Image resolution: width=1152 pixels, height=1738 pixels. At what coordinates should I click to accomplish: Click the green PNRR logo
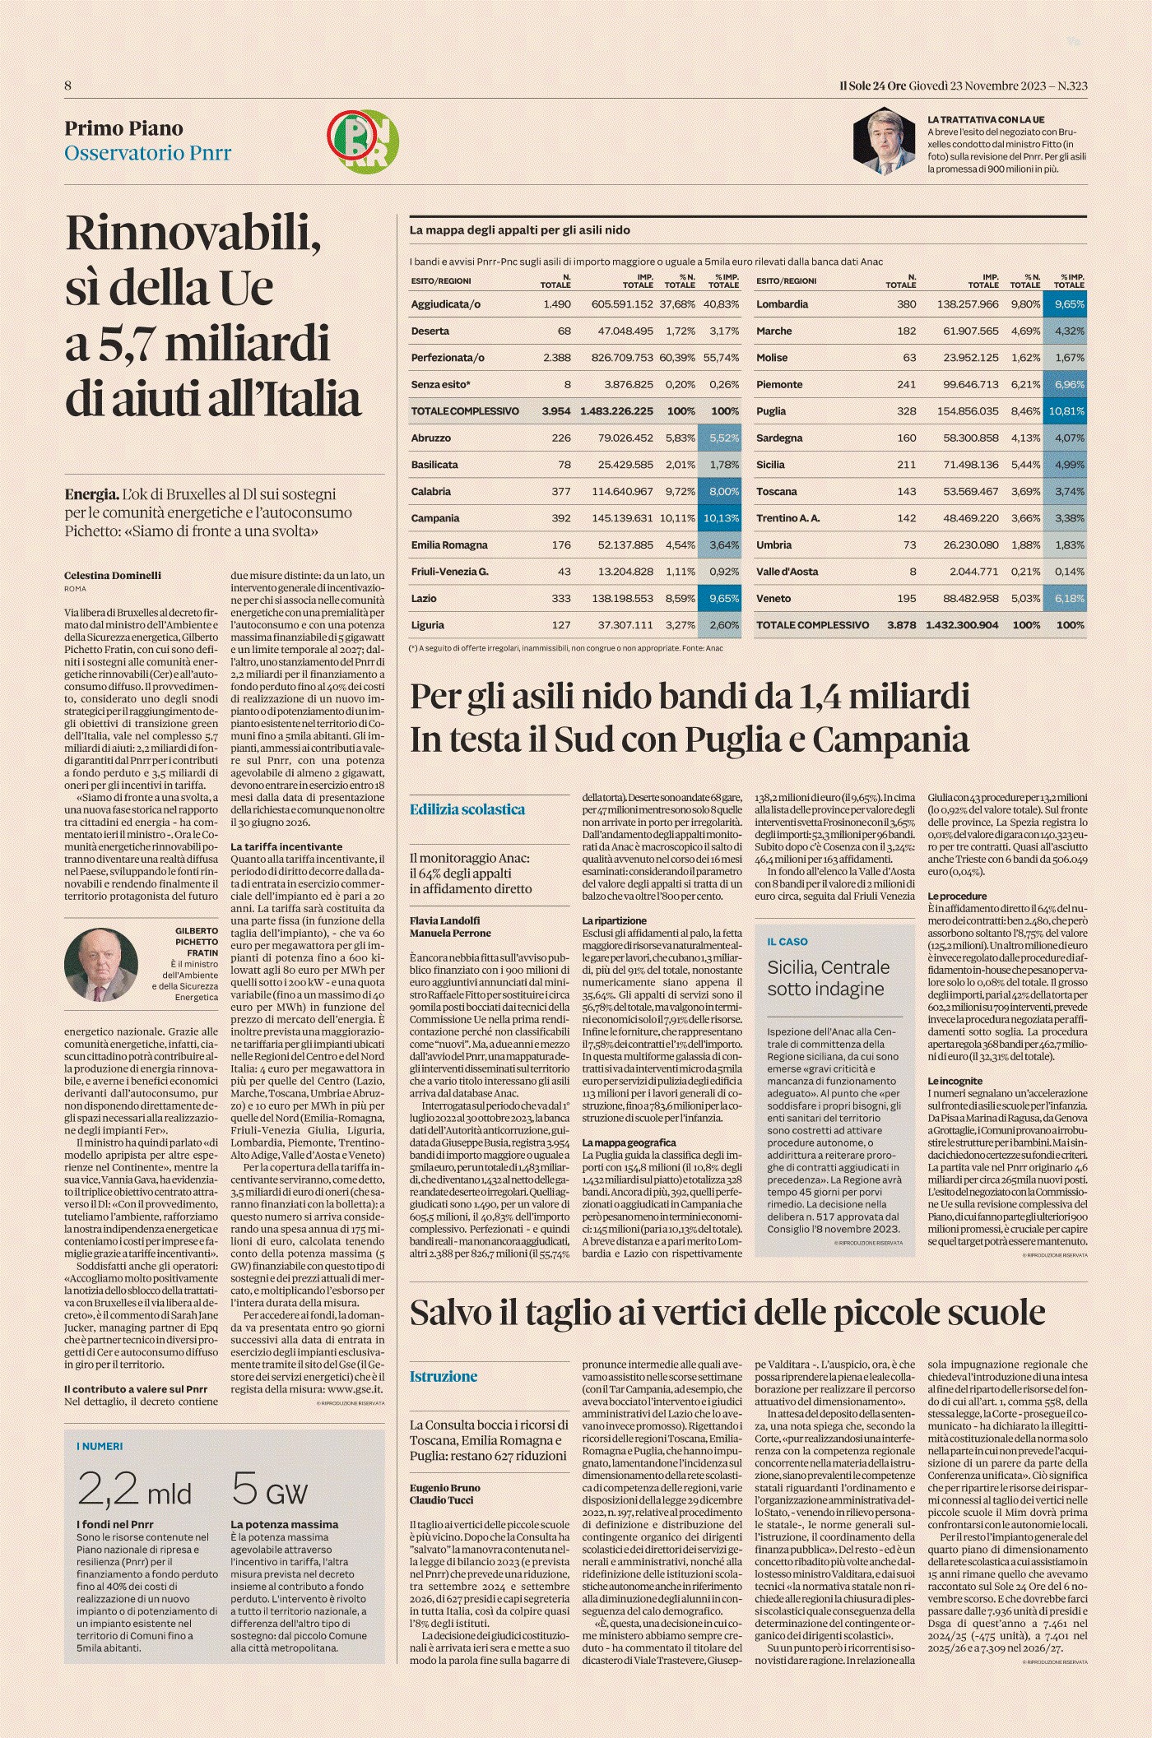point(363,141)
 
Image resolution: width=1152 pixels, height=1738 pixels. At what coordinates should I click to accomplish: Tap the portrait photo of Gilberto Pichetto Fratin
point(101,964)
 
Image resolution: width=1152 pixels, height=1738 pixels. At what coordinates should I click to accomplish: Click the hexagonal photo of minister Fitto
point(884,141)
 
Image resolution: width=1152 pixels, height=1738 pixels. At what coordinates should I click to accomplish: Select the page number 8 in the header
point(68,86)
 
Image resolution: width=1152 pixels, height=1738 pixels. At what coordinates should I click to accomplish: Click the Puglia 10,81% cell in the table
point(1065,411)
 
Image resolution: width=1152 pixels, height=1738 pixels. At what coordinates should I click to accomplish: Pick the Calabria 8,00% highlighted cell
point(719,491)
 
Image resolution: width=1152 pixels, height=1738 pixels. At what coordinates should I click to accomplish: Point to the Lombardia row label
point(782,304)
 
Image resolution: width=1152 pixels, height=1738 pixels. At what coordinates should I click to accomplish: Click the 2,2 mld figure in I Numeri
point(134,1490)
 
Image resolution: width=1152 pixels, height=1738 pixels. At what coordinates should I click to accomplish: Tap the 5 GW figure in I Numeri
point(269,1490)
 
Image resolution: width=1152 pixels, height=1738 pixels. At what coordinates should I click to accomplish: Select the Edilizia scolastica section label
point(467,809)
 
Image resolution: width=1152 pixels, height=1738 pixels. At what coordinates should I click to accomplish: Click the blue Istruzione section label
point(443,1376)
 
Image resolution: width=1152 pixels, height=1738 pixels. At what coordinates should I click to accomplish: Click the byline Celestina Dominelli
point(113,576)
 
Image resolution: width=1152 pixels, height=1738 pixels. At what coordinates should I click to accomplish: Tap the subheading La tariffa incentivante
point(286,846)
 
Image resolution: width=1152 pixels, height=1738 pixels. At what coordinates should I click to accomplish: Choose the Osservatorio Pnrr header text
point(148,153)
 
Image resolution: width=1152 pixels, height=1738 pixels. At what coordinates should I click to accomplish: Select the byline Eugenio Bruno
point(444,1488)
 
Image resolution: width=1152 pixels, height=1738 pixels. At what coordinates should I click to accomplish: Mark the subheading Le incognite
point(955,1081)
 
